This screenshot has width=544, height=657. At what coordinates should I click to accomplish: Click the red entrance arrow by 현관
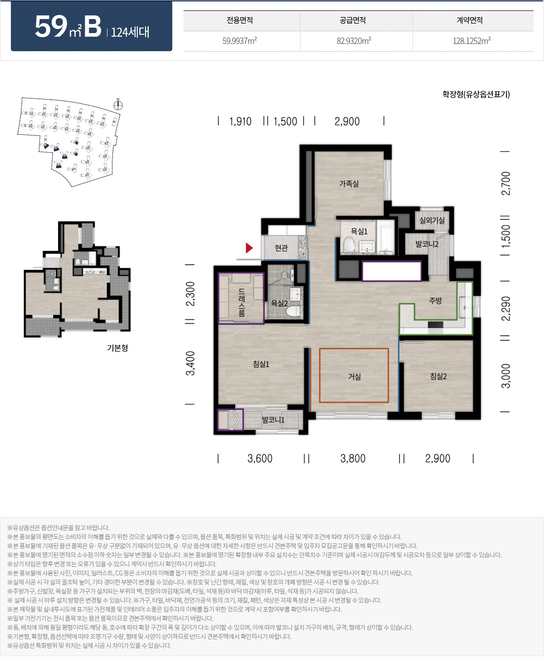(249, 248)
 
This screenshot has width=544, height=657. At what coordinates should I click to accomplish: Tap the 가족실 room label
(349, 184)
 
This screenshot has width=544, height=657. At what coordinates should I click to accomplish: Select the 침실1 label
(261, 364)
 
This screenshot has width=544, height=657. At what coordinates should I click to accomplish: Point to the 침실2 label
(438, 376)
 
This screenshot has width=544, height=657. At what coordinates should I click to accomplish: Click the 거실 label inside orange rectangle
(354, 377)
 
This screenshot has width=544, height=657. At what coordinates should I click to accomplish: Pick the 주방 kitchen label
(435, 300)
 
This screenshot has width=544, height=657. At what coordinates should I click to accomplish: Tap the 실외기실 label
(432, 220)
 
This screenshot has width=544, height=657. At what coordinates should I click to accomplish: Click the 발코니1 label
(273, 420)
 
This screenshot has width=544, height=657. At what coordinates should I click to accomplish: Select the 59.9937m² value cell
(239, 41)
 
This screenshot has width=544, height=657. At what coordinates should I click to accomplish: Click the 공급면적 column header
(353, 20)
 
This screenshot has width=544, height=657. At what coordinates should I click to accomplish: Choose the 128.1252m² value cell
(471, 41)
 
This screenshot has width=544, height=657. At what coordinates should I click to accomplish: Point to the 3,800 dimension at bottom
(353, 459)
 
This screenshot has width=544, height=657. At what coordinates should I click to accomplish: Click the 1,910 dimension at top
(240, 121)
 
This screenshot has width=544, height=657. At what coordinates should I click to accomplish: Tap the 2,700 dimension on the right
(505, 184)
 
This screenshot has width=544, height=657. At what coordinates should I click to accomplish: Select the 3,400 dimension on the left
(190, 363)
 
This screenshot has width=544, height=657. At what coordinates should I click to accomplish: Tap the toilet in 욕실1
(348, 244)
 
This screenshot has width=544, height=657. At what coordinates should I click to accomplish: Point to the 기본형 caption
(117, 348)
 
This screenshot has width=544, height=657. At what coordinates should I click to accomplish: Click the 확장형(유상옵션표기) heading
(476, 94)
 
